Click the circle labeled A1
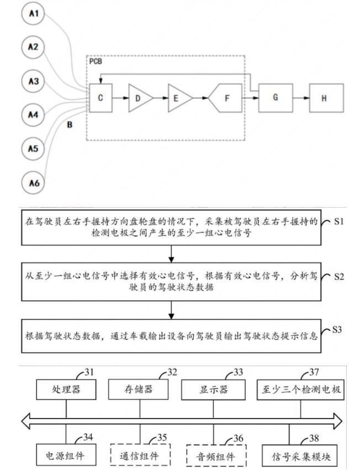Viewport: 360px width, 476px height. pyautogui.click(x=33, y=13)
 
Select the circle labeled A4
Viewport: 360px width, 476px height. pyautogui.click(x=33, y=115)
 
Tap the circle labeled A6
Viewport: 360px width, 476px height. pyautogui.click(x=33, y=182)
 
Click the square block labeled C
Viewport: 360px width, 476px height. pyautogui.click(x=100, y=98)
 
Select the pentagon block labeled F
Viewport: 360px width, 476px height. pyautogui.click(x=226, y=98)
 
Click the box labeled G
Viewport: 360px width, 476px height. pyautogui.click(x=275, y=98)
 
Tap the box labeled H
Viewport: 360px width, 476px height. pyautogui.click(x=325, y=98)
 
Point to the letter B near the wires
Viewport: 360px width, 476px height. pyautogui.click(x=70, y=125)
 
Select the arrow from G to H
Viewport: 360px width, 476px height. pyautogui.click(x=300, y=98)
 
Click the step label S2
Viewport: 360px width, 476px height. pyautogui.click(x=338, y=276)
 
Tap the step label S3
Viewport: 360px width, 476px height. pyautogui.click(x=338, y=330)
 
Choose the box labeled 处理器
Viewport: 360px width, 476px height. pyautogui.click(x=66, y=389)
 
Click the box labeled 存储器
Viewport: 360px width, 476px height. pyautogui.click(x=139, y=389)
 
